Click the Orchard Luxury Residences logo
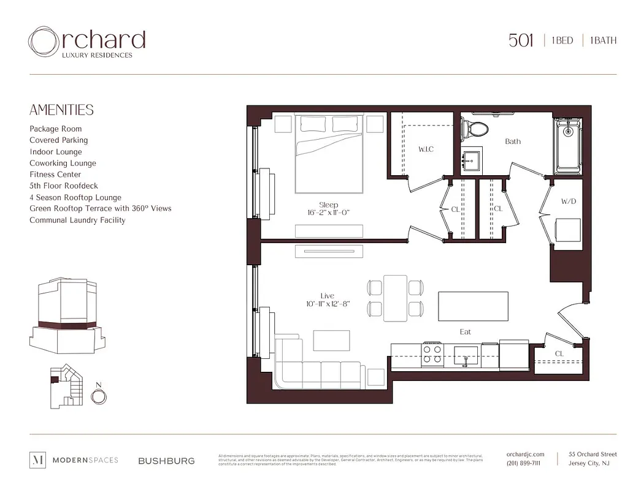pyautogui.click(x=86, y=42)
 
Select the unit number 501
pyautogui.click(x=521, y=40)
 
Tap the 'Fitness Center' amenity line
pyautogui.click(x=55, y=175)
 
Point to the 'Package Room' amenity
pyautogui.click(x=55, y=129)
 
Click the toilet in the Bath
pyautogui.click(x=475, y=129)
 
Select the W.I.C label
pyautogui.click(x=426, y=149)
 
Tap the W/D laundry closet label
pyautogui.click(x=568, y=202)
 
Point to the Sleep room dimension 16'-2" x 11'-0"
pyautogui.click(x=328, y=213)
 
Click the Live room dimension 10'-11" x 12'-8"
pyautogui.click(x=328, y=304)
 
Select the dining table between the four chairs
pyautogui.click(x=395, y=298)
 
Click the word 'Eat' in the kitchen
pyautogui.click(x=466, y=332)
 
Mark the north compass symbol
pyautogui.click(x=98, y=396)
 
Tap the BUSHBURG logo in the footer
pyautogui.click(x=166, y=461)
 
